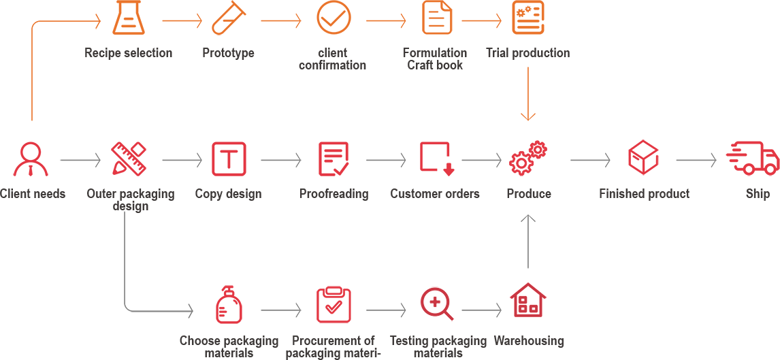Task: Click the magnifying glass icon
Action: coord(436,303)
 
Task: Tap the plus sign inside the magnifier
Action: coord(434,301)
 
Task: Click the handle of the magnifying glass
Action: coord(448,315)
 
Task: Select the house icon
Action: coord(527,299)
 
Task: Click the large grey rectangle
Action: coord(159,261)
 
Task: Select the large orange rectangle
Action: coord(66,46)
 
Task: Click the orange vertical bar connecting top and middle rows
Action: coord(528,97)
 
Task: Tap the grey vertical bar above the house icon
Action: coord(528,241)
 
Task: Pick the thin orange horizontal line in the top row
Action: coord(476,20)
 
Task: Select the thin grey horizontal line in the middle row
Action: coord(476,160)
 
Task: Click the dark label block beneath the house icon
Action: coord(528,342)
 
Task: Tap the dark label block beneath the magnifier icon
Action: coord(438,346)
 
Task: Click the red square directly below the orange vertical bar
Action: coord(528,159)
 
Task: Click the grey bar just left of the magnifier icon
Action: coord(386,309)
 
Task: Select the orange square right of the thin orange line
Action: coord(528,18)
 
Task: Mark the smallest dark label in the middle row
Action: coord(758,195)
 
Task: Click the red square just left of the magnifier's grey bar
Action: coord(334,304)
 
